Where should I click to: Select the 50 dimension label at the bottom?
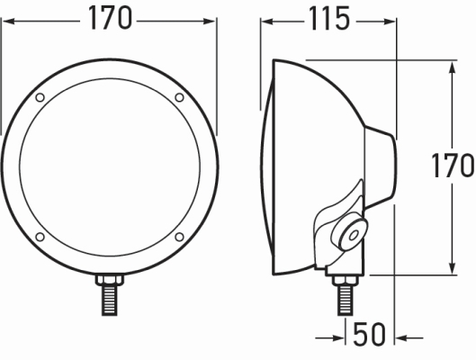pos(369,335)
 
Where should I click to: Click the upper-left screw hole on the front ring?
pos(40,97)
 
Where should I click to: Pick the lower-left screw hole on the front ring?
pos(40,236)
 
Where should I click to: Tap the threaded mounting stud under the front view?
pos(109,296)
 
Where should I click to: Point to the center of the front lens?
pos(109,166)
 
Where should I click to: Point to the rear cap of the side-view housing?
pos(382,166)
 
